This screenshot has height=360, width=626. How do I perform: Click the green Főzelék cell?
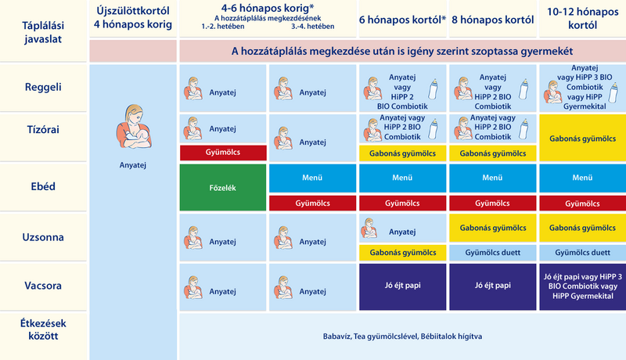[223, 188]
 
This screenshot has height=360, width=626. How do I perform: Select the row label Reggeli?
[43, 87]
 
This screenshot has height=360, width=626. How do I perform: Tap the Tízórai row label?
[43, 130]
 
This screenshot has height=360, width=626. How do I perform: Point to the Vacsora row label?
[43, 286]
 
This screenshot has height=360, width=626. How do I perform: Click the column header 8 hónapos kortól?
[493, 20]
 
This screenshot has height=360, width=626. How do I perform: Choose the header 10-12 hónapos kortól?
[582, 18]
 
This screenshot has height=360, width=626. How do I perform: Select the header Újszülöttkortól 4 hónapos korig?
[133, 17]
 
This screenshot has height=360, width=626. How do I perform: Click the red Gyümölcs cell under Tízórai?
[223, 153]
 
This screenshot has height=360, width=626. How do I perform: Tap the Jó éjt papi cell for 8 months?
[493, 286]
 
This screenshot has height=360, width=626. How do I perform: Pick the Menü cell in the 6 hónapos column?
[402, 178]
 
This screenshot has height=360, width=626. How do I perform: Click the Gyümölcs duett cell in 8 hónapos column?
[493, 253]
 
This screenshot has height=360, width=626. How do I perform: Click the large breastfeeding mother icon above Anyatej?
[133, 127]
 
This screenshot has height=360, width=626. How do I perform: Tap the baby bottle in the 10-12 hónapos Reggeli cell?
[613, 92]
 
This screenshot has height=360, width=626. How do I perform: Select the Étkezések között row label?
[43, 329]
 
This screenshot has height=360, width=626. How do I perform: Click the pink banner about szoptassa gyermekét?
[402, 51]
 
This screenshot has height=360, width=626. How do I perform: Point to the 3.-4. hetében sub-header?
[312, 27]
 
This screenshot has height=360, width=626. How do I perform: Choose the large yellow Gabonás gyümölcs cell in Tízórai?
[582, 139]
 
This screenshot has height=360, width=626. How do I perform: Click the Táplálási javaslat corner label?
[43, 32]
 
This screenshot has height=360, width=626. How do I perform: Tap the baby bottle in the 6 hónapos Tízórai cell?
[433, 128]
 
